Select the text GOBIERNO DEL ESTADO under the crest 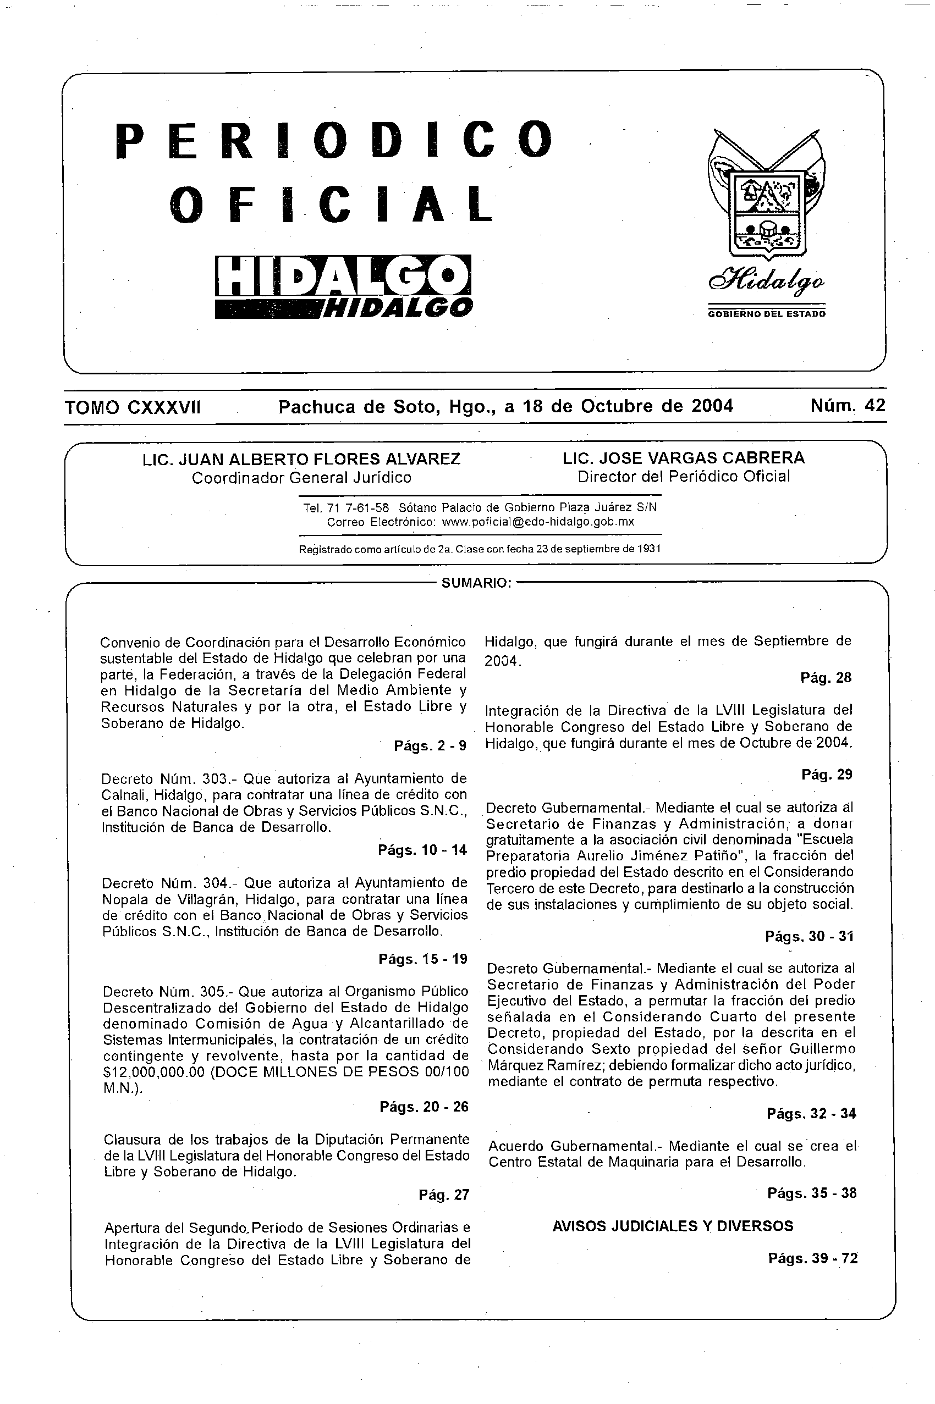tap(767, 314)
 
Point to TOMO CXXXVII tap(133, 407)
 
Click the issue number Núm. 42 tap(848, 406)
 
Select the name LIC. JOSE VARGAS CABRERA tap(683, 458)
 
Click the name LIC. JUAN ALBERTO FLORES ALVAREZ tap(301, 459)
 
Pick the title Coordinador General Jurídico tap(301, 478)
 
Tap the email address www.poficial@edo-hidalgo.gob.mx tap(538, 522)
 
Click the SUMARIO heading tap(476, 583)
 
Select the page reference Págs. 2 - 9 tap(430, 745)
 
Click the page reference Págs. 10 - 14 tap(422, 850)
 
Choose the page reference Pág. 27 tap(444, 1195)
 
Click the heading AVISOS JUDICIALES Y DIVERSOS tap(673, 1226)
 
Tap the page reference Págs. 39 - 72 tap(813, 1258)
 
